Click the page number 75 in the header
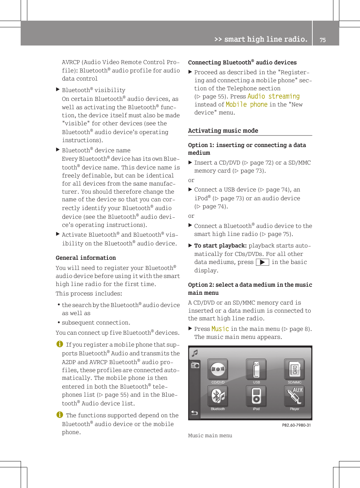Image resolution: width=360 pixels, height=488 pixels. (x=323, y=40)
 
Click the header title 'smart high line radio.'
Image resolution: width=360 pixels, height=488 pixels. (x=265, y=39)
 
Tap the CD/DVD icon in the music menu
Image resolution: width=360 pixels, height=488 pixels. (x=218, y=369)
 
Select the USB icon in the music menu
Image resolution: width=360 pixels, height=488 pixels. (x=256, y=369)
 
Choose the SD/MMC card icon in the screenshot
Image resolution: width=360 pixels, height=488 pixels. (x=295, y=369)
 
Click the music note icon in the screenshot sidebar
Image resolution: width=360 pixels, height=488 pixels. (x=195, y=353)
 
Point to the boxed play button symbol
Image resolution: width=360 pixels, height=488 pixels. (x=262, y=262)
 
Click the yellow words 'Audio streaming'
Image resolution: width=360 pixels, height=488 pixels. (x=274, y=96)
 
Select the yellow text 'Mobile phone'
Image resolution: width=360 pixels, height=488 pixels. (x=247, y=104)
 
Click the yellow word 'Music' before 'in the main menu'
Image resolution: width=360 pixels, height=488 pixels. (x=220, y=329)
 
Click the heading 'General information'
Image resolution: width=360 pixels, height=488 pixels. (x=86, y=258)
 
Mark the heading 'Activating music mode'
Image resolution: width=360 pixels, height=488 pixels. (x=223, y=131)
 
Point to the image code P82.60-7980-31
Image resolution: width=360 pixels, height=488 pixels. (x=296, y=425)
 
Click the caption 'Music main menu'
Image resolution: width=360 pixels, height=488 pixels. (x=210, y=435)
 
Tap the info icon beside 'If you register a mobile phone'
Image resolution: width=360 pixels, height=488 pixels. (x=60, y=344)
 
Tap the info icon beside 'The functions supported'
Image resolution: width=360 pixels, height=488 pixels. (x=60, y=415)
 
